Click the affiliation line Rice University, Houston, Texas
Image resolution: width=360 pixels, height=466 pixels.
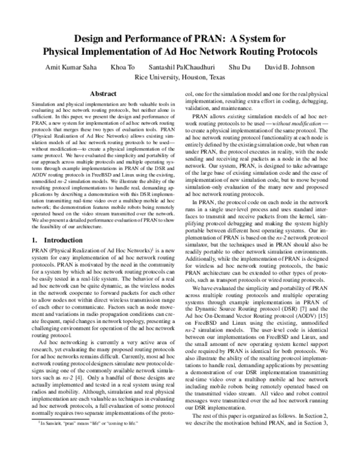180,77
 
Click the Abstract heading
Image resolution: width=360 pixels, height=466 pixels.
103,94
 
